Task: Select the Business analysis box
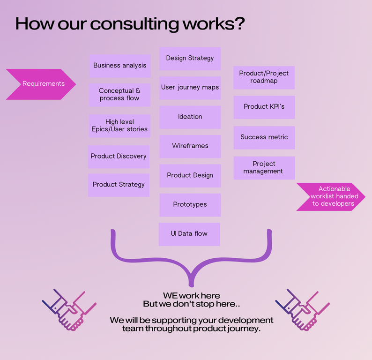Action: click(120, 66)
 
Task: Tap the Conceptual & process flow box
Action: click(120, 95)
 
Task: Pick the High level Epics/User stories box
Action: click(120, 126)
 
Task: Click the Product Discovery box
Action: click(119, 157)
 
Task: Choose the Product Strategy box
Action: click(119, 185)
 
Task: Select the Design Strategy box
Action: click(190, 59)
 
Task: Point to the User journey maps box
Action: click(190, 88)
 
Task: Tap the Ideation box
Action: click(190, 117)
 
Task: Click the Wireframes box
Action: click(190, 146)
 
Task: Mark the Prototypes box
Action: click(190, 205)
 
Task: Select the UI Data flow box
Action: click(189, 234)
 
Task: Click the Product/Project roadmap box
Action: click(264, 77)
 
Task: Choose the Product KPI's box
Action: click(264, 107)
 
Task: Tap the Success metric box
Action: click(264, 137)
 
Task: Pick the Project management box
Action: click(264, 168)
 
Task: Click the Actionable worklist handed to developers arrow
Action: click(331, 196)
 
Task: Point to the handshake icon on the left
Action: click(69, 310)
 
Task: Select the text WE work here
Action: click(191, 296)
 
